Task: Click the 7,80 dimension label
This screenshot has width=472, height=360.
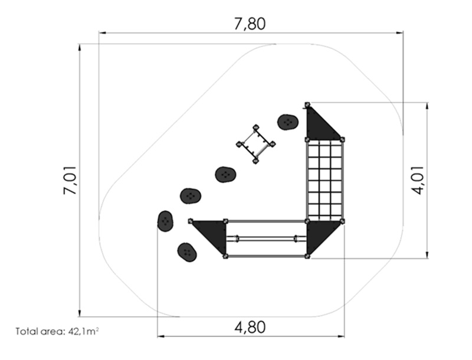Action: pos(250,24)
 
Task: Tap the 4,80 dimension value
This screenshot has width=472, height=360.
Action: pos(250,327)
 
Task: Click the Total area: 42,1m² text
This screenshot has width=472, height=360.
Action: pos(57,332)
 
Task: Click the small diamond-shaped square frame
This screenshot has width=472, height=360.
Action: pos(255,144)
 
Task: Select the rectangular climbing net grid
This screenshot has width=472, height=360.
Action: pos(325,181)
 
